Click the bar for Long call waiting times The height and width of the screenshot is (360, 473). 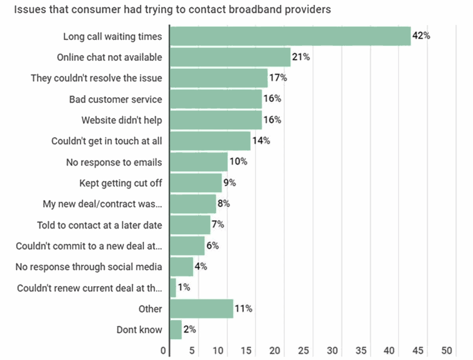click(290, 36)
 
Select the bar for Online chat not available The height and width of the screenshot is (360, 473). click(230, 57)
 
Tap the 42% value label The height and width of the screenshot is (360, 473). click(421, 36)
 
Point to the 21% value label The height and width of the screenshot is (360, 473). click(301, 57)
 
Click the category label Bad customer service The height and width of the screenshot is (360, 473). click(115, 99)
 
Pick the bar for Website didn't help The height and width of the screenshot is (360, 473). click(216, 120)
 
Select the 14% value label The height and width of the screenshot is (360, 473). click(260, 141)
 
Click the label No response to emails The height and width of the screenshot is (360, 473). click(114, 162)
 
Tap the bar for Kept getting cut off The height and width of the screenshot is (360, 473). click(196, 183)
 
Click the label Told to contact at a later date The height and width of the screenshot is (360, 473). click(99, 225)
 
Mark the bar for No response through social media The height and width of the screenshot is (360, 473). click(181, 267)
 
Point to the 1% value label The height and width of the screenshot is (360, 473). click(183, 288)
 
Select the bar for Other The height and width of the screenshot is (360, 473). click(202, 309)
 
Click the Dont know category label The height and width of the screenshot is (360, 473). click(139, 330)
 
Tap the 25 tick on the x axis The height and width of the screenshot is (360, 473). click(304, 350)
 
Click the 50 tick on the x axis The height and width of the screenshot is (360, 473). click(447, 350)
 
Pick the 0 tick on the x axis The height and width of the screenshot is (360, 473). click(163, 350)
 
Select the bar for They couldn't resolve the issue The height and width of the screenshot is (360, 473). click(218, 78)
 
